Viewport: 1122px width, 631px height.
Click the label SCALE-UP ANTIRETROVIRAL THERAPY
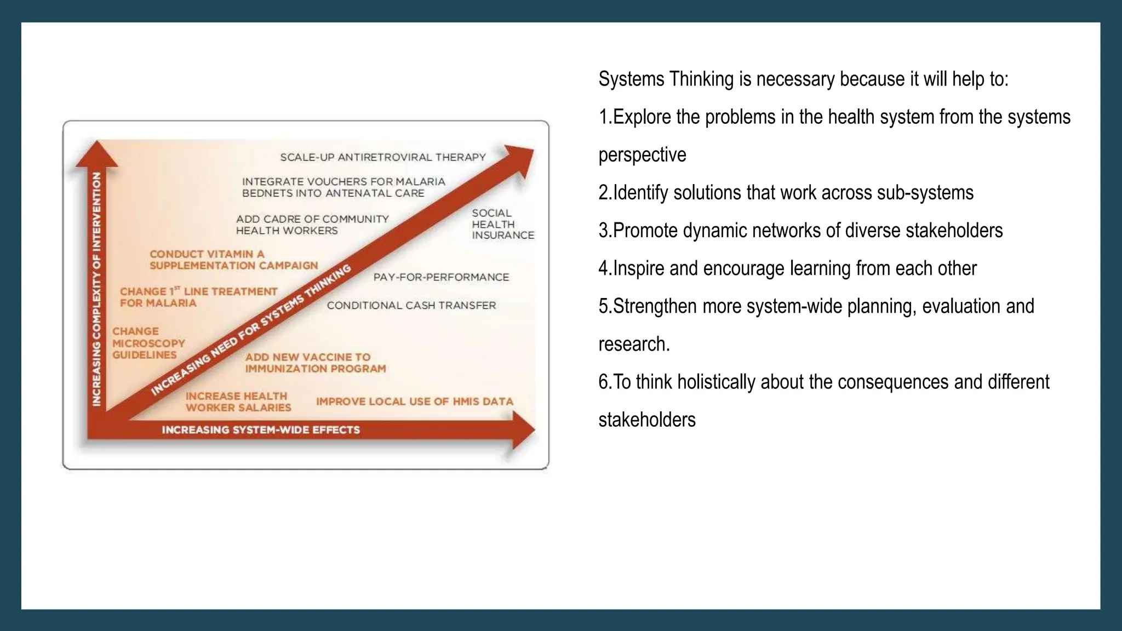click(383, 157)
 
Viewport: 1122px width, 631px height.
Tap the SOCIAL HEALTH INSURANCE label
click(502, 224)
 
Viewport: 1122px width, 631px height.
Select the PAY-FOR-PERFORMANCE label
click(441, 277)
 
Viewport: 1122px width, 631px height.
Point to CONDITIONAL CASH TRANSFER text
click(411, 306)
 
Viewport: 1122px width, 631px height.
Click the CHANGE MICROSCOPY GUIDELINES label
click(148, 343)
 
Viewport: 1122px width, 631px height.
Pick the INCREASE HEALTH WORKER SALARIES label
click(238, 401)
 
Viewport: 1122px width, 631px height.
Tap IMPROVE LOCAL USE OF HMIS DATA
click(414, 401)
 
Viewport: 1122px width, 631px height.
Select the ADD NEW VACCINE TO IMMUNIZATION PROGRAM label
click(315, 363)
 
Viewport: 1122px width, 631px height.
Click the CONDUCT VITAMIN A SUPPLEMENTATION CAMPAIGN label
click(233, 260)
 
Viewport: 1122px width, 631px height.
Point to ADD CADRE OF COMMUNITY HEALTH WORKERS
click(312, 225)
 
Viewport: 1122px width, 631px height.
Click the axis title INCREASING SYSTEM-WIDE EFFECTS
click(261, 430)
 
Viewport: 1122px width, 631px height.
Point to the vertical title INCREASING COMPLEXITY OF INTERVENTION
click(97, 289)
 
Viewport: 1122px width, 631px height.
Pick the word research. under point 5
click(634, 344)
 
